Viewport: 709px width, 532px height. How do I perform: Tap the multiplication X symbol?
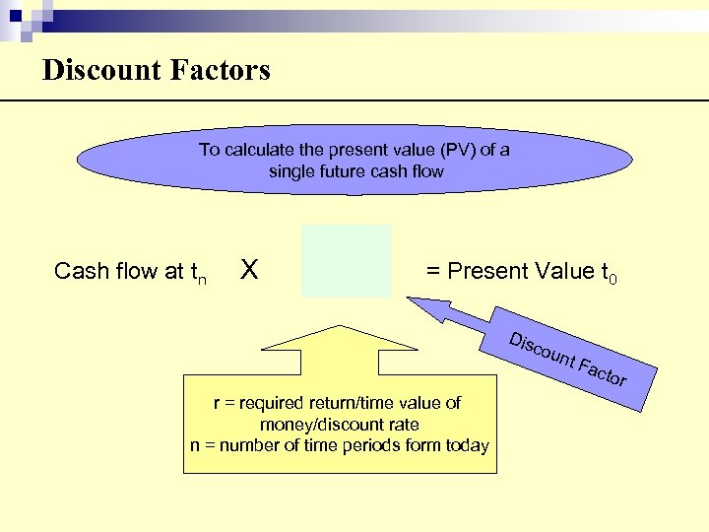pyautogui.click(x=250, y=269)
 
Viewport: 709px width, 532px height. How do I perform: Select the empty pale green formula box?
pyautogui.click(x=346, y=261)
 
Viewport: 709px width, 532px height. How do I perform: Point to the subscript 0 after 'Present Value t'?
pyautogui.click(x=612, y=280)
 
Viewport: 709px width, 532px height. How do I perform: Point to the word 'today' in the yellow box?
pyautogui.click(x=466, y=445)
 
